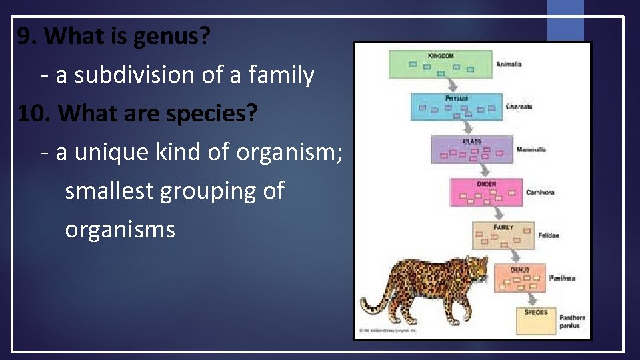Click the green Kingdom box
441,64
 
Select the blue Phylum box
457,107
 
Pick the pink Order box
487,193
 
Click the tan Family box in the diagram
503,235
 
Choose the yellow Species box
536,320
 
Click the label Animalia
509,64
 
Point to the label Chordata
519,107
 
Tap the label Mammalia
531,150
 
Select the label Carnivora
540,193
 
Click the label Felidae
549,235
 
